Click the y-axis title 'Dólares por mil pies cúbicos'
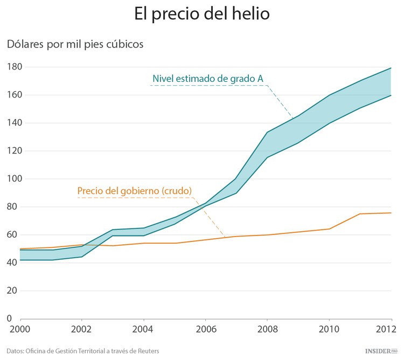pyautogui.click(x=75, y=44)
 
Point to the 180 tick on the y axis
pyautogui.click(x=13, y=67)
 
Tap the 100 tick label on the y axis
pyautogui.click(x=13, y=179)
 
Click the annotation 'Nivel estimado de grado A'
pyautogui.click(x=207, y=79)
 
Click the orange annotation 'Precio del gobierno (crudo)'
pyautogui.click(x=135, y=191)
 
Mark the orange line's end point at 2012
pyautogui.click(x=391, y=213)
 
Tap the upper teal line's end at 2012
pyautogui.click(x=391, y=68)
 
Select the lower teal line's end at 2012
pyautogui.click(x=391, y=95)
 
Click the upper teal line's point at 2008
pyautogui.click(x=268, y=132)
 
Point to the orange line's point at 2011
pyautogui.click(x=360, y=214)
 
